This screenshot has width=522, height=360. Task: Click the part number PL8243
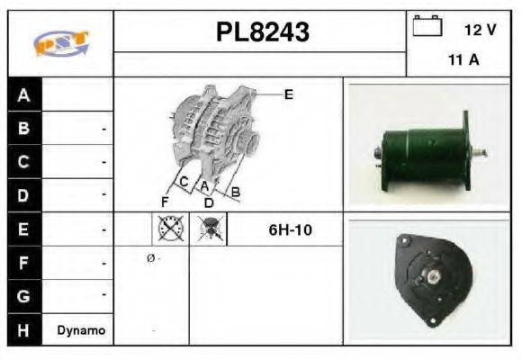[x=262, y=32]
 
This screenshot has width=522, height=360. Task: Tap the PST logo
[x=60, y=42]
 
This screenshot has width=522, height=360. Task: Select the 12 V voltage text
[x=480, y=30]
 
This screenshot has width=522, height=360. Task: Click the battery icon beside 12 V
[x=427, y=27]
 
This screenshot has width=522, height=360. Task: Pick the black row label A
[x=24, y=94]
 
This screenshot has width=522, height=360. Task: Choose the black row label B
[x=24, y=129]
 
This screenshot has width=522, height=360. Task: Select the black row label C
[x=24, y=162]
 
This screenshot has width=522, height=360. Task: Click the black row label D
[x=24, y=194]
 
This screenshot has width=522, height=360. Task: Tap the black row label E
[x=24, y=229]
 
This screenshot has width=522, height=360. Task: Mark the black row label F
[x=24, y=263]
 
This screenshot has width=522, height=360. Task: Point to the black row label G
[x=24, y=296]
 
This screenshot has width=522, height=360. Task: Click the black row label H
[x=24, y=329]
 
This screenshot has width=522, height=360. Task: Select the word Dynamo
[x=81, y=330]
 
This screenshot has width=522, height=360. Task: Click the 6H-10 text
[x=289, y=229]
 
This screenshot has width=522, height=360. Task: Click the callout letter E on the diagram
[x=289, y=93]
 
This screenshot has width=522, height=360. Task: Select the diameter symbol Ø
[x=150, y=258]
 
